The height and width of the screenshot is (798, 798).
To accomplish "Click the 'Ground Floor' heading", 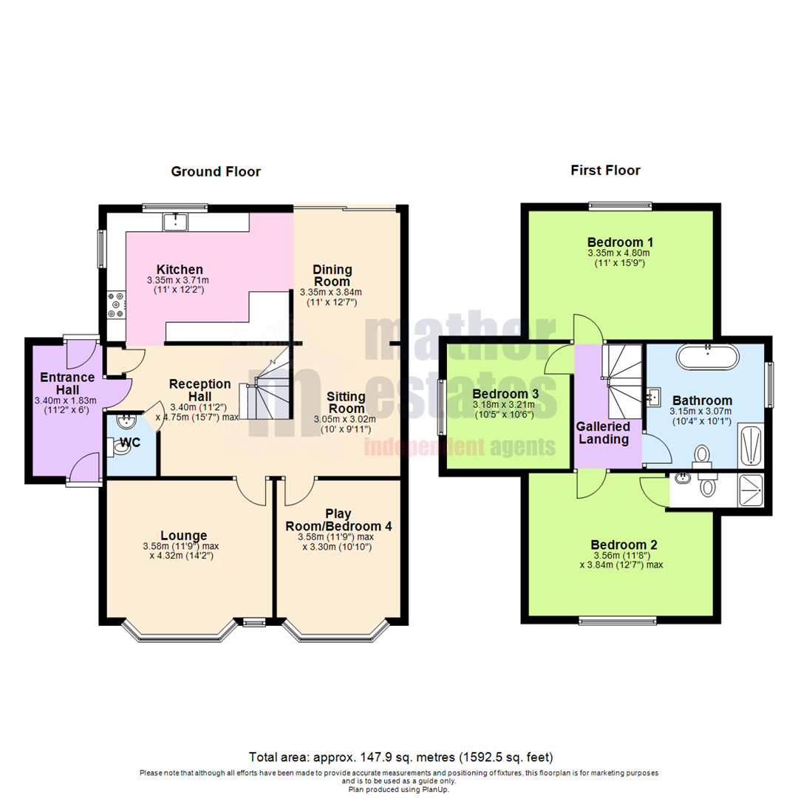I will (216, 172).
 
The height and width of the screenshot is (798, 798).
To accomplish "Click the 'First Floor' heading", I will (605, 171).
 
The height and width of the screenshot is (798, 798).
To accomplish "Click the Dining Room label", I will (332, 276).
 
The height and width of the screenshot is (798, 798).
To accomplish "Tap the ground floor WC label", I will (130, 443).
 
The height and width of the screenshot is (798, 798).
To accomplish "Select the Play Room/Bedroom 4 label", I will (338, 519).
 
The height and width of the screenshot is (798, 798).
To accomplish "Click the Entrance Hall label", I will (64, 384).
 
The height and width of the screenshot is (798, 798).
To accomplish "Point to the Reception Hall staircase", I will (271, 392).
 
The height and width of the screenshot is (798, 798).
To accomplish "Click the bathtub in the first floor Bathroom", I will (707, 357).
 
